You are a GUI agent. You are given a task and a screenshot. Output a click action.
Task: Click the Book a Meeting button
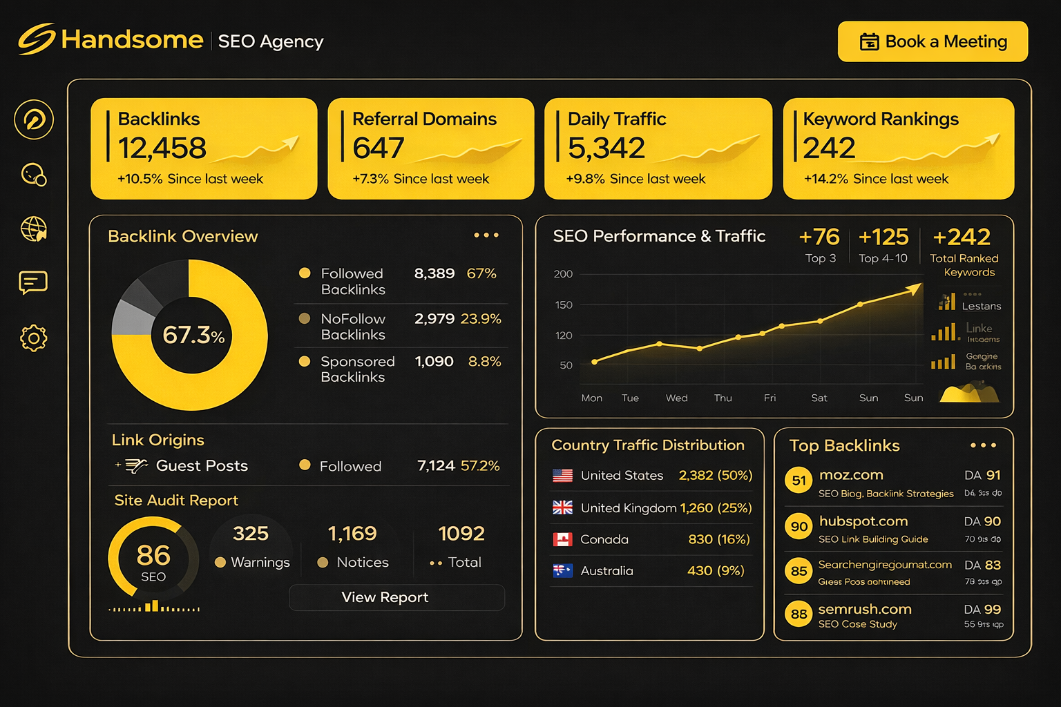pyautogui.click(x=933, y=41)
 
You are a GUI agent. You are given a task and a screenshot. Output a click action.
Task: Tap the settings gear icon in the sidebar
pyautogui.click(x=33, y=338)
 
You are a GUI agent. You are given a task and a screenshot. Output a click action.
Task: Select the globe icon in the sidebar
pyautogui.click(x=33, y=229)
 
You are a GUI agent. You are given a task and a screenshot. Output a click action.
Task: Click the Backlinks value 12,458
pyautogui.click(x=162, y=148)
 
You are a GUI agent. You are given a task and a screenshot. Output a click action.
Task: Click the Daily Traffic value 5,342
pyautogui.click(x=606, y=148)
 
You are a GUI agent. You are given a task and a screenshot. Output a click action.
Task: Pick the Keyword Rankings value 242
pyautogui.click(x=830, y=148)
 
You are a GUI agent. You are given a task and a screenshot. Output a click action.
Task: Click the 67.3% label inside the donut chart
pyautogui.click(x=193, y=335)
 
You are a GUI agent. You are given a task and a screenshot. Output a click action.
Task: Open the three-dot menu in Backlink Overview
pyautogui.click(x=486, y=235)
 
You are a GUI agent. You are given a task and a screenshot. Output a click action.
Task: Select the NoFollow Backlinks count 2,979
pyautogui.click(x=434, y=319)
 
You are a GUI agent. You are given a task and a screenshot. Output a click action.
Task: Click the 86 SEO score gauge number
pyautogui.click(x=153, y=555)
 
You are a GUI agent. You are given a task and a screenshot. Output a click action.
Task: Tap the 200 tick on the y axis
pyautogui.click(x=563, y=274)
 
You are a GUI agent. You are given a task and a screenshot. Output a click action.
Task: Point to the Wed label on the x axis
pyautogui.click(x=676, y=398)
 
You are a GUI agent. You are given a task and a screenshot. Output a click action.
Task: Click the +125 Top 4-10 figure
pyautogui.click(x=883, y=238)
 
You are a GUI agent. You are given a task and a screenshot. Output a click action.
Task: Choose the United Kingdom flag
pyautogui.click(x=563, y=507)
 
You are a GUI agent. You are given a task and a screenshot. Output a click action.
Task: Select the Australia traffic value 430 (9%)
pyautogui.click(x=716, y=571)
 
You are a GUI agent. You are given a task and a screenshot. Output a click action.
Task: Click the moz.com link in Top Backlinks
pyautogui.click(x=851, y=475)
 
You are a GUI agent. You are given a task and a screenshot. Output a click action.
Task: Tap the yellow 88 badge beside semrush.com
pyautogui.click(x=799, y=614)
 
